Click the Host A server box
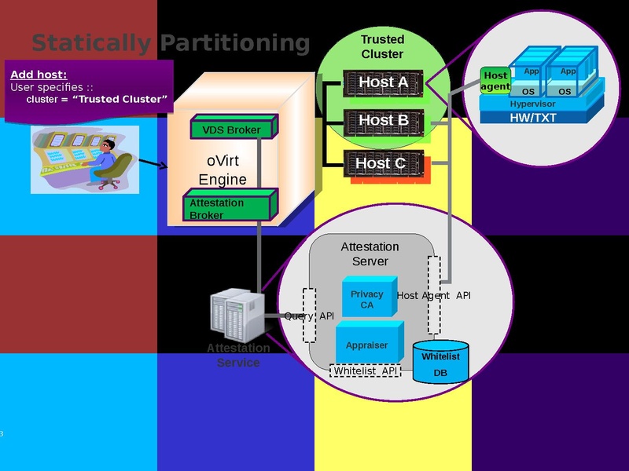pyautogui.click(x=383, y=82)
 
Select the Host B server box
pyautogui.click(x=383, y=121)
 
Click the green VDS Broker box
pyautogui.click(x=232, y=130)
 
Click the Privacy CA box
pyautogui.click(x=367, y=298)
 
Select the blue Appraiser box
pyautogui.click(x=367, y=345)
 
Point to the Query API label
pyautogui.click(x=309, y=316)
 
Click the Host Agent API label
pyautogui.click(x=434, y=296)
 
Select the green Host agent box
pyautogui.click(x=495, y=81)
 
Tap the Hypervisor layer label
pyautogui.click(x=532, y=104)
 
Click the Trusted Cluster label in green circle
pyautogui.click(x=382, y=47)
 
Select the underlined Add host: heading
pyautogui.click(x=39, y=75)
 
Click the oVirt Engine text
pyautogui.click(x=222, y=170)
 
